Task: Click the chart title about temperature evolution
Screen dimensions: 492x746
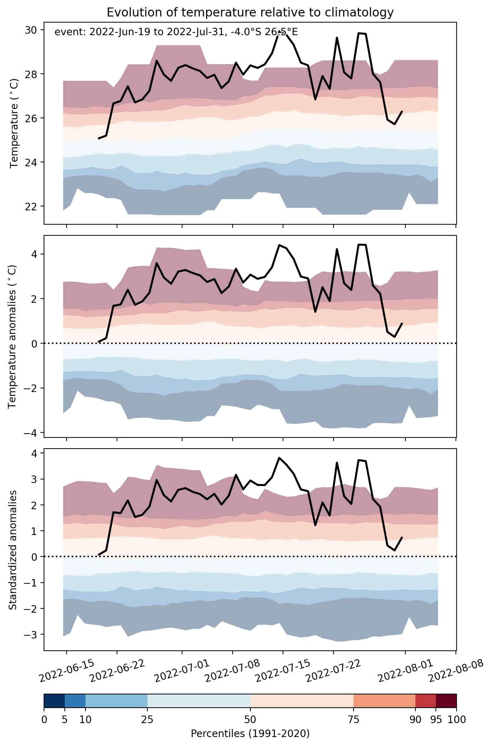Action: click(x=250, y=13)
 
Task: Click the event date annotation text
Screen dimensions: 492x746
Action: click(x=176, y=32)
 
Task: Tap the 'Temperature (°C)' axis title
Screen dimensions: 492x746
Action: click(x=14, y=123)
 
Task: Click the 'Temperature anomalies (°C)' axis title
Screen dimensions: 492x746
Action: click(x=13, y=336)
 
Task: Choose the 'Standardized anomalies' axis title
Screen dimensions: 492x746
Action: click(x=13, y=550)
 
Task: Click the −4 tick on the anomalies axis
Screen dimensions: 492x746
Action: click(x=33, y=433)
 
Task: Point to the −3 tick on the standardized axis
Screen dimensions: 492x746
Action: click(x=33, y=635)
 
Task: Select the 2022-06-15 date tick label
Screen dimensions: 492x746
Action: click(x=67, y=670)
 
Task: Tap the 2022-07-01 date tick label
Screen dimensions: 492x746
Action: click(x=182, y=670)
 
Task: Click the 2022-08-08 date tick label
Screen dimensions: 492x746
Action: click(x=456, y=670)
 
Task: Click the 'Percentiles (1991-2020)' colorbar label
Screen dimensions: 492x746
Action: click(x=250, y=734)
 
